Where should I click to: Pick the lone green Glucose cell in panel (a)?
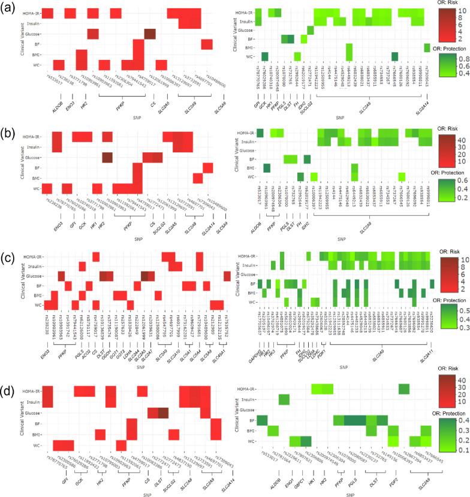click(311, 30)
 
